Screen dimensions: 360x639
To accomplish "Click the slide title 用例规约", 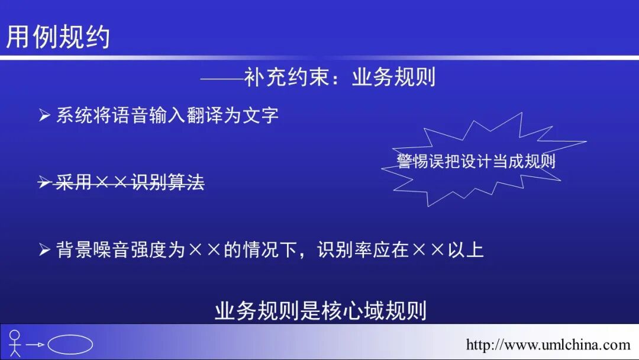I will coord(58,37).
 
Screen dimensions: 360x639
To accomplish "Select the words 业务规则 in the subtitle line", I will coord(393,78).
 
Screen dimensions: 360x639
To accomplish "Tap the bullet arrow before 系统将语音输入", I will coord(45,115).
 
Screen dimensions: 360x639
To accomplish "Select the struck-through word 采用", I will coord(73,183).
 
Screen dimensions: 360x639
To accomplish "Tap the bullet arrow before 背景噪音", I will coord(45,250).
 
